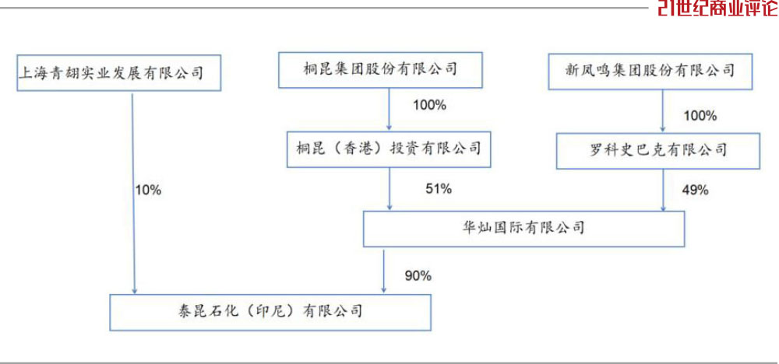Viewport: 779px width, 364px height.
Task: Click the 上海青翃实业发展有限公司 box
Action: tap(118, 73)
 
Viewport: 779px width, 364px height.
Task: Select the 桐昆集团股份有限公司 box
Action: tap(380, 70)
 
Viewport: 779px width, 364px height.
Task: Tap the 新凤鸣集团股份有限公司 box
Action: tap(650, 72)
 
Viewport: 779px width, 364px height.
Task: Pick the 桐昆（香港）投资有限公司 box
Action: tap(389, 149)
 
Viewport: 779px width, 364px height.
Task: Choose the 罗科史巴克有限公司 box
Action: tap(657, 151)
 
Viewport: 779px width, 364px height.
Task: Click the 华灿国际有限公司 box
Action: tap(523, 229)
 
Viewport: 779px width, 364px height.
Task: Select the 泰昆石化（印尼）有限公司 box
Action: tap(270, 313)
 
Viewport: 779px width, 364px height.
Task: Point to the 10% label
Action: tap(149, 190)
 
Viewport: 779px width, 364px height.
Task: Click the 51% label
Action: tap(438, 189)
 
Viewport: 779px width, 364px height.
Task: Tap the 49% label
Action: tap(695, 190)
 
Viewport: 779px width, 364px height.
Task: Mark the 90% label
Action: tap(418, 276)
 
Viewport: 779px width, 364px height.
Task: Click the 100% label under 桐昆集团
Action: tap(430, 106)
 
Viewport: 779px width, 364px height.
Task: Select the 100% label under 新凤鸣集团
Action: tap(700, 117)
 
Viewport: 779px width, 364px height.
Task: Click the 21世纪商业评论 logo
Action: tap(718, 8)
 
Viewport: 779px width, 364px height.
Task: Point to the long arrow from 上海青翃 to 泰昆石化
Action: tap(132, 193)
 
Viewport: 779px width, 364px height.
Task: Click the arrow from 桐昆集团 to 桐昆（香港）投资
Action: tap(389, 110)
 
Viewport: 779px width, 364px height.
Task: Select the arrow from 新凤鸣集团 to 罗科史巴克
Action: tap(663, 111)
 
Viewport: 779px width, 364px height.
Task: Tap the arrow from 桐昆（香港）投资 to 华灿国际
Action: tap(390, 189)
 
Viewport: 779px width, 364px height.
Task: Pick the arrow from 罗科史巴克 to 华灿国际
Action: tap(663, 190)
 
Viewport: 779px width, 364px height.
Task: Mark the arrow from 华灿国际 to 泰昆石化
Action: tap(383, 271)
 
